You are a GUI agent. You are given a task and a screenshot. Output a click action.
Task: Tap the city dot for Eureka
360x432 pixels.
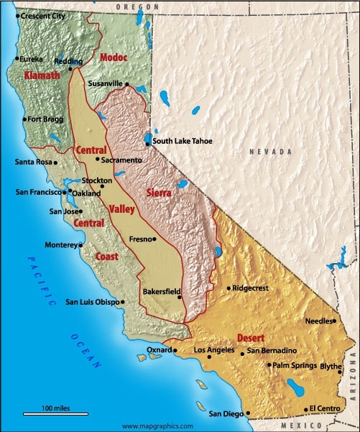17,59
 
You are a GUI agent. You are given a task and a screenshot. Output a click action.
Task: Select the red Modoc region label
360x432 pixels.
114,57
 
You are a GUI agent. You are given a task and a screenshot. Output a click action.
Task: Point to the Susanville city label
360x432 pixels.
106,83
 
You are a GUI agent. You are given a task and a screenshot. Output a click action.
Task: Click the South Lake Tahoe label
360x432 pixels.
183,142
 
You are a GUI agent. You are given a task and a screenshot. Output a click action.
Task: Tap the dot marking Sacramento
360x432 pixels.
98,160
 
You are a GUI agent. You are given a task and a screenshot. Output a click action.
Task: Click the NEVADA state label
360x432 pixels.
271,152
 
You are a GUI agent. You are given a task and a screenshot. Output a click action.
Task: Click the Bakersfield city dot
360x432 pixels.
181,291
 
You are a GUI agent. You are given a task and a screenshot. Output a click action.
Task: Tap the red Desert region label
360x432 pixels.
251,337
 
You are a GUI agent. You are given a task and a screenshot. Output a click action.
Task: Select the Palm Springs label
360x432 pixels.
295,365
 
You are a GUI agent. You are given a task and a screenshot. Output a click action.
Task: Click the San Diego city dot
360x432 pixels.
248,414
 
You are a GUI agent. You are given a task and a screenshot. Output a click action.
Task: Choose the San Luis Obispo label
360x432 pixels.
92,302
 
